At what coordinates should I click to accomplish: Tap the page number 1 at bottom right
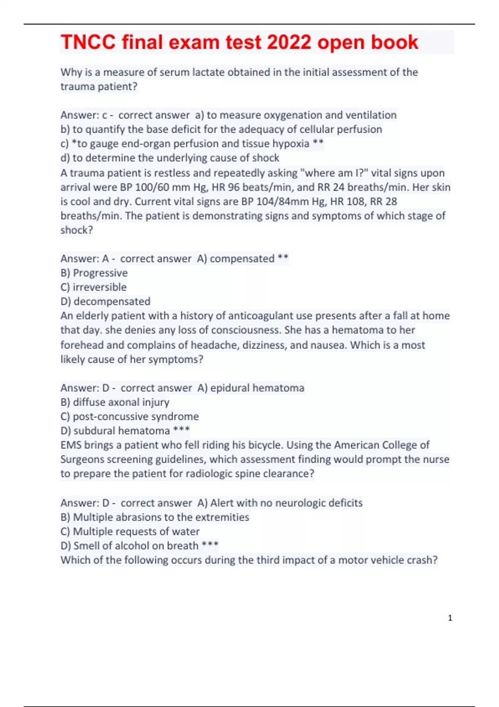pyautogui.click(x=450, y=618)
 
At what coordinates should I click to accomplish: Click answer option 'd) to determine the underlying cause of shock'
pyautogui.click(x=170, y=158)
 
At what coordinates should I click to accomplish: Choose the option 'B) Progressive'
pyautogui.click(x=94, y=273)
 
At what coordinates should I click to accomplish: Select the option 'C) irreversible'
pyautogui.click(x=94, y=287)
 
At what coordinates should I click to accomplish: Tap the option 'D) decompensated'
pyautogui.click(x=105, y=302)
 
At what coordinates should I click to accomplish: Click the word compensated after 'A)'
pyautogui.click(x=242, y=259)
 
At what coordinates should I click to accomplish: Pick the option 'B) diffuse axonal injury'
pyautogui.click(x=115, y=402)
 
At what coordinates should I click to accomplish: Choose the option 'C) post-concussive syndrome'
pyautogui.click(x=130, y=417)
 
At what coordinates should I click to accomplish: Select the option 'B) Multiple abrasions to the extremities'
pyautogui.click(x=155, y=517)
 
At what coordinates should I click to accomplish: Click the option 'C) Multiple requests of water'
pyautogui.click(x=130, y=531)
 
